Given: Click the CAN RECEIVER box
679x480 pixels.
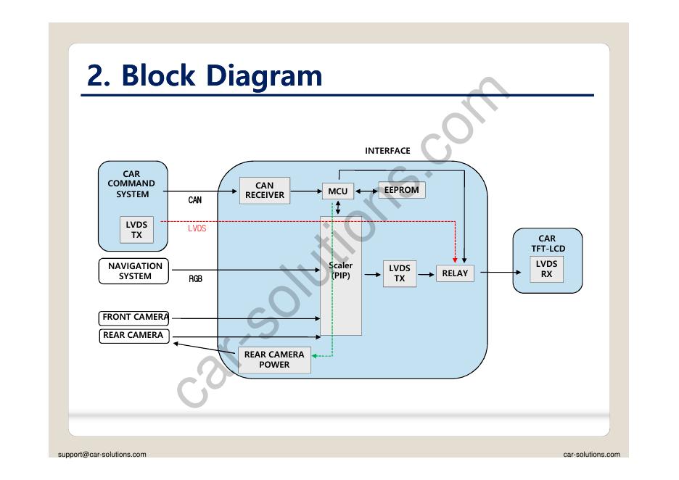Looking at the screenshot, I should (265, 191).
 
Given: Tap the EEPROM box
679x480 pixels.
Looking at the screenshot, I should (402, 190).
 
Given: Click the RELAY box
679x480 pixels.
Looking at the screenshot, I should (455, 273).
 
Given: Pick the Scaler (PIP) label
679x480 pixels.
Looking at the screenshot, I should (340, 270).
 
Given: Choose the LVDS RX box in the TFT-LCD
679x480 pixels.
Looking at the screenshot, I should (546, 269).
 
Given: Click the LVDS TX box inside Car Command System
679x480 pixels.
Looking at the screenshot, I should (136, 230).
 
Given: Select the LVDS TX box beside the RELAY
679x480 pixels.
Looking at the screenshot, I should (400, 273).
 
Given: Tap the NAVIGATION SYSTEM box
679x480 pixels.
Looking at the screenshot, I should (135, 271).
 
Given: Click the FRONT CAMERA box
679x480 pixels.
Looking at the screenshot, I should (134, 318).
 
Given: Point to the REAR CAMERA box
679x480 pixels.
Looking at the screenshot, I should (133, 336).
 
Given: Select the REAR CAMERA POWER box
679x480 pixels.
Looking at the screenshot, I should (274, 360).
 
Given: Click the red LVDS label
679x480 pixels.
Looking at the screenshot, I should (197, 228).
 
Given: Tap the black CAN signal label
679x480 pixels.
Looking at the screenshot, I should (195, 200).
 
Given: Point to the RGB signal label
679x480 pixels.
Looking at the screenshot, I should (196, 279).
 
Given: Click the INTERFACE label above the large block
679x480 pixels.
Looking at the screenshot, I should (387, 151).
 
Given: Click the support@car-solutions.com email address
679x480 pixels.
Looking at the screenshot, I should (102, 455).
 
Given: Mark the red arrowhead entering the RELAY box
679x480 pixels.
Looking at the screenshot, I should (455, 260).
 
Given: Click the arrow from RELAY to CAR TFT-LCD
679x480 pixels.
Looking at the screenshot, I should (500, 273).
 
